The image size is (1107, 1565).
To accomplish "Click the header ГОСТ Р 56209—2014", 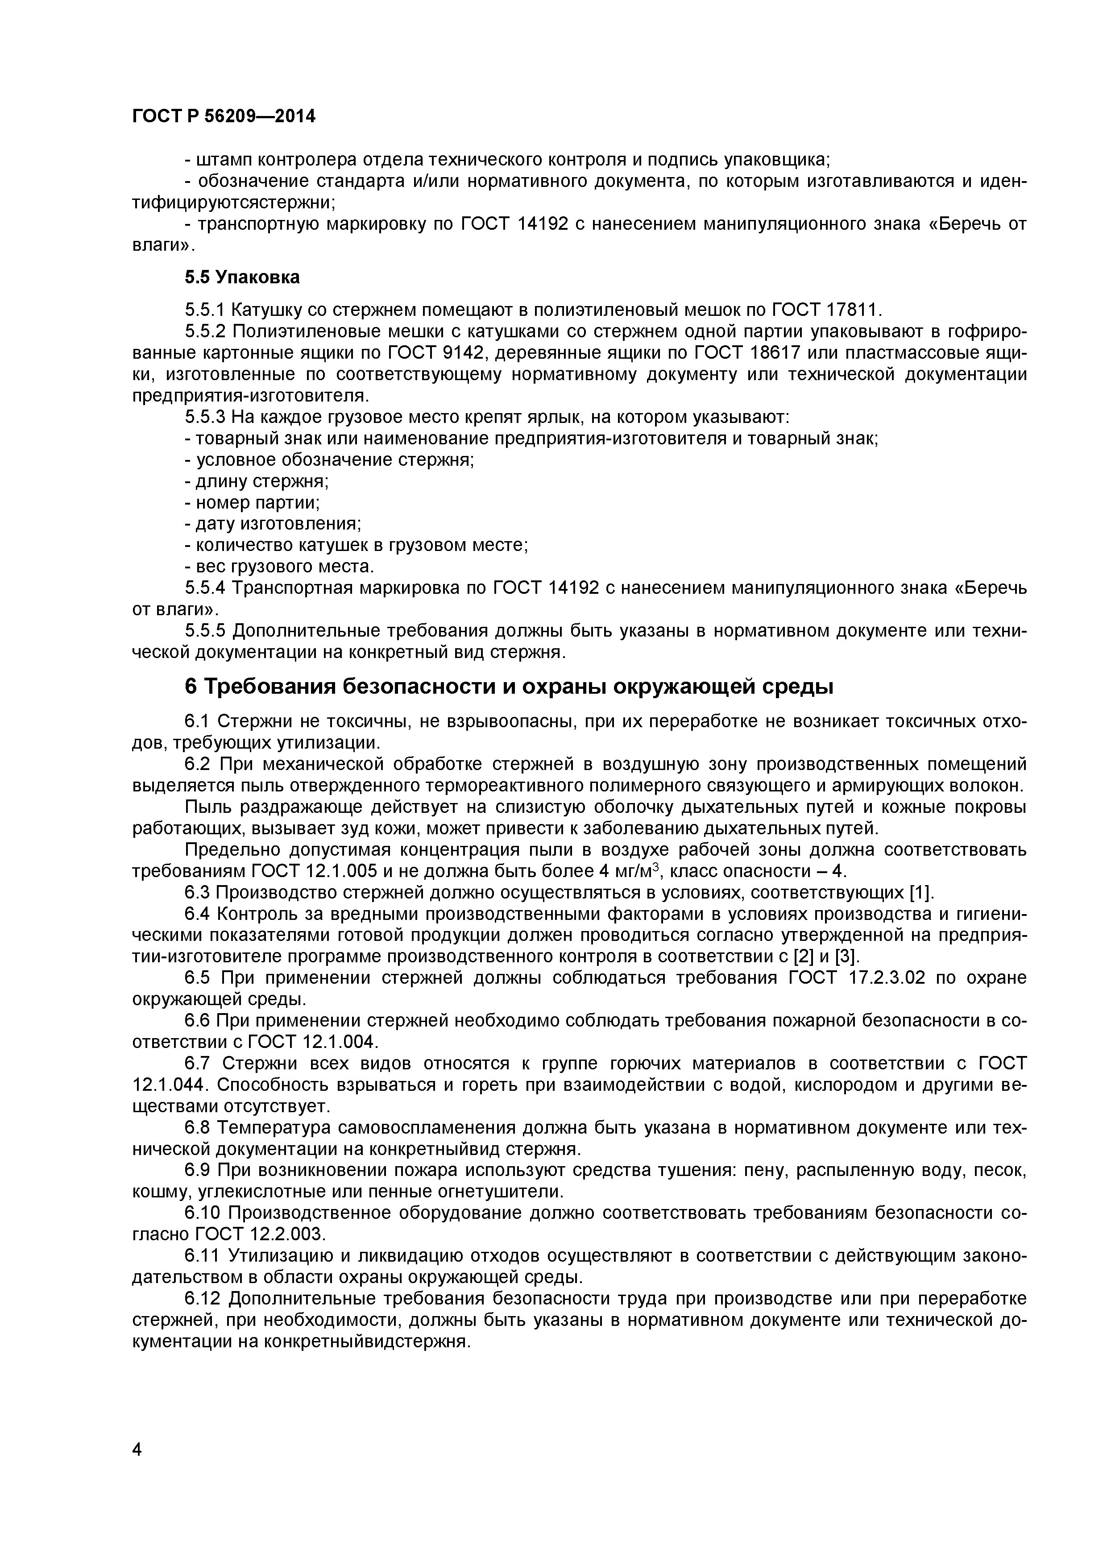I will click(x=224, y=116).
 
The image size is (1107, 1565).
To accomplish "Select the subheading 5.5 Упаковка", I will click(x=242, y=277).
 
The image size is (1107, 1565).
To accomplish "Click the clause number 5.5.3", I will click(x=204, y=417).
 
